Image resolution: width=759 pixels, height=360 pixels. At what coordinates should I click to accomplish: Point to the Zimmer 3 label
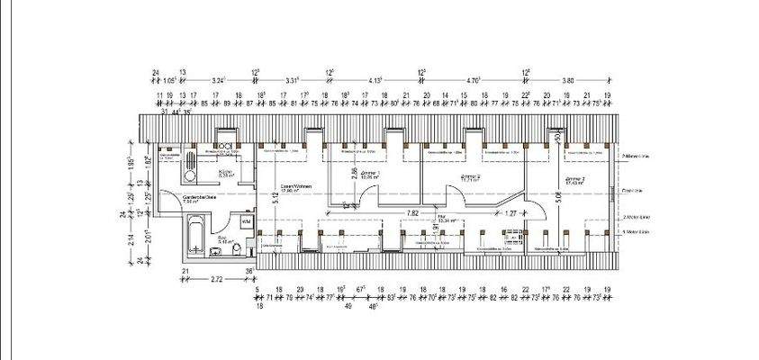pos(575,180)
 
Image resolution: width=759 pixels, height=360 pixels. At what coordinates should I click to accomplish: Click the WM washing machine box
pos(245,220)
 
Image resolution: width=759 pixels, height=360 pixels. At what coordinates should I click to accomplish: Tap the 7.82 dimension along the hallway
pos(413,213)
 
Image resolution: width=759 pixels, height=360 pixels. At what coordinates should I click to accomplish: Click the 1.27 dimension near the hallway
pos(511,213)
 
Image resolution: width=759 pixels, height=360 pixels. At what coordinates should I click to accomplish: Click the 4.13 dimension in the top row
pos(375,80)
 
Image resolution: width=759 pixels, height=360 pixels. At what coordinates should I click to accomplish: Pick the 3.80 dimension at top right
pos(568,80)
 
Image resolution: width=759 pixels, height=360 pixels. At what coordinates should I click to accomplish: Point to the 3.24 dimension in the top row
pos(218,80)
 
